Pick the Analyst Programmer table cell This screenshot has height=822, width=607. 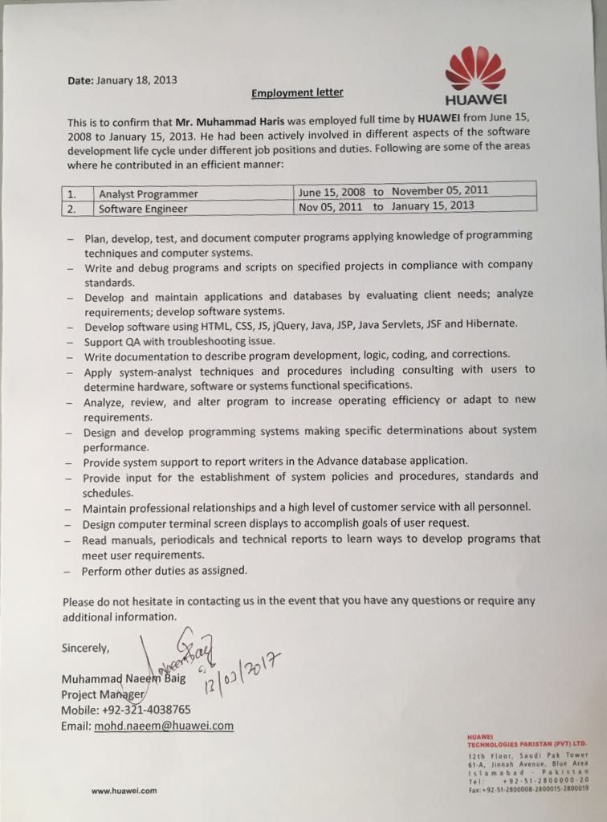click(149, 194)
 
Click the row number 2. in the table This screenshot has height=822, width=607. click(72, 209)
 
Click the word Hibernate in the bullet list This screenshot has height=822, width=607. click(491, 324)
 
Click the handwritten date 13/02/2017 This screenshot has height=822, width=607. click(241, 668)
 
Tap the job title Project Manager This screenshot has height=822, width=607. click(103, 694)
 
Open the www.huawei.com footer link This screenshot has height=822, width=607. click(124, 791)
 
